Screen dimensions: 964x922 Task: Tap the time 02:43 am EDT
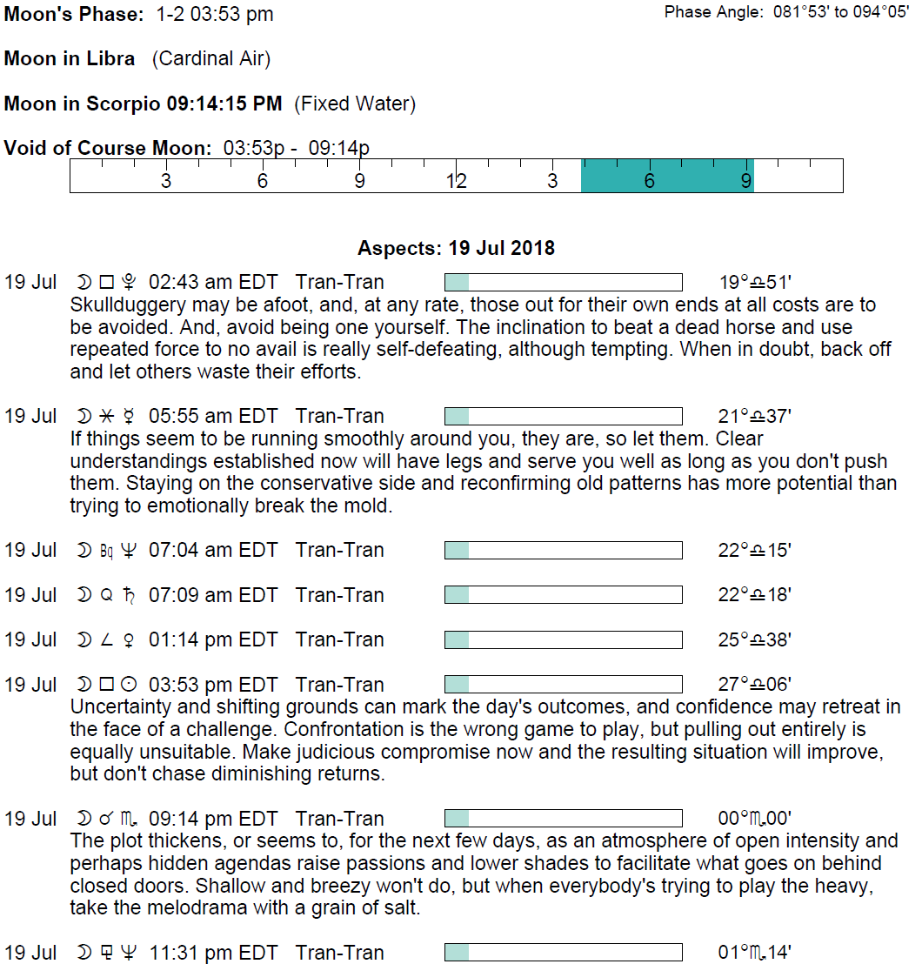coord(213,283)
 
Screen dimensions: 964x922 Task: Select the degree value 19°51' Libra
coord(755,283)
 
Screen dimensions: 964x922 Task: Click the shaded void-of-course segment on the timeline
coord(667,176)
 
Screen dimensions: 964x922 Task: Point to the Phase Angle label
coord(713,12)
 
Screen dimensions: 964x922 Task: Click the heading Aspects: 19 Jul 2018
coord(456,249)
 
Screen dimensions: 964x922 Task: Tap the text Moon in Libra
coord(70,59)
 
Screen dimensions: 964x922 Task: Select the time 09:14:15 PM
coord(224,104)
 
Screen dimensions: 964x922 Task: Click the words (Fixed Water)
coord(355,104)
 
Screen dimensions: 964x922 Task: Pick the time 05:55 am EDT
coord(213,417)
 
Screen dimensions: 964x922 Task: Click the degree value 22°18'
coord(755,596)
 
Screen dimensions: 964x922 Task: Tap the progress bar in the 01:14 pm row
coord(563,640)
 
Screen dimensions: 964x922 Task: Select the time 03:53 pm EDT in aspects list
coord(213,686)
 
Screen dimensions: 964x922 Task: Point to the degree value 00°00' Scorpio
coord(755,820)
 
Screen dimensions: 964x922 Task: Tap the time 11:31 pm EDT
coord(213,954)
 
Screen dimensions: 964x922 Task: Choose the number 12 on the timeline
coord(456,181)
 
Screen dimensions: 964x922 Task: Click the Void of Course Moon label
coord(108,148)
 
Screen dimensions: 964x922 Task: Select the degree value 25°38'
coord(755,640)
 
